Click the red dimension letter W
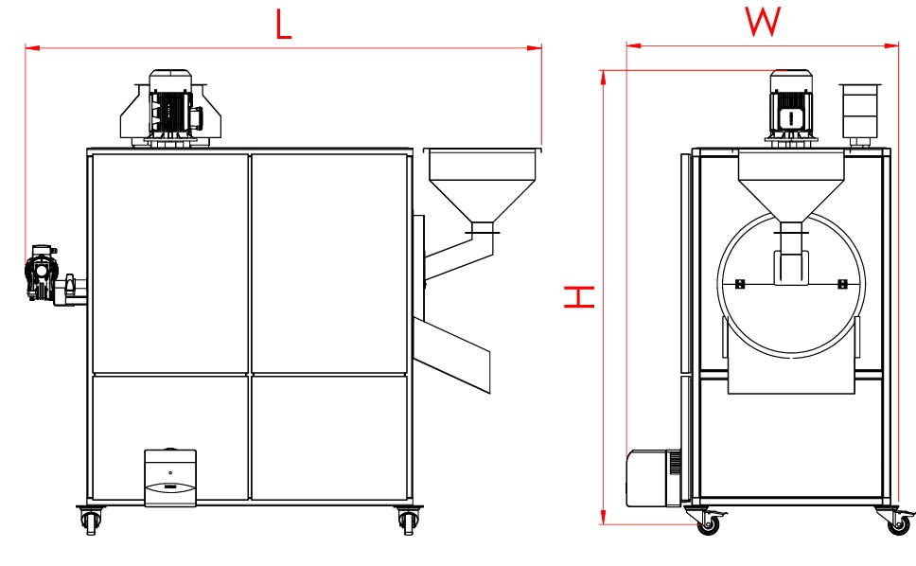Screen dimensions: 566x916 point(763,22)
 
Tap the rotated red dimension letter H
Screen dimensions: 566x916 point(578,297)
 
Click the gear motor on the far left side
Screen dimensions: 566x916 point(44,273)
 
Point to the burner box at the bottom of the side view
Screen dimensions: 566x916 point(169,478)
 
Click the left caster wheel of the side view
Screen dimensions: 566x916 point(90,520)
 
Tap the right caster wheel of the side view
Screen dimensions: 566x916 point(407,520)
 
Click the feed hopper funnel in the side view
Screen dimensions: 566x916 point(481,185)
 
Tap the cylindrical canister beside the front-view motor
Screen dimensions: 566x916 point(859,111)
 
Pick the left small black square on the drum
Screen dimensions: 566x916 point(739,284)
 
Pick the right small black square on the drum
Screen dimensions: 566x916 point(842,284)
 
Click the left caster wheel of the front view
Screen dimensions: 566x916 point(706,524)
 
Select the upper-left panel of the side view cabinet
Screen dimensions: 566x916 point(170,262)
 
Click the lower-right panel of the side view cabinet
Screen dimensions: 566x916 point(330,436)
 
